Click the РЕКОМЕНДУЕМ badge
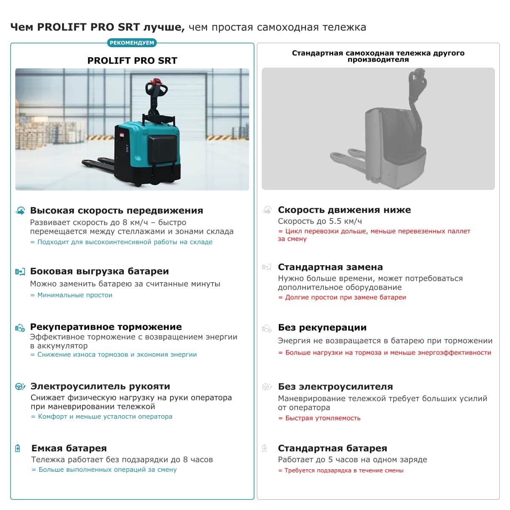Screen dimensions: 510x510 (x=132, y=43)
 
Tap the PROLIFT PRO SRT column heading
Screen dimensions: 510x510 (x=132, y=60)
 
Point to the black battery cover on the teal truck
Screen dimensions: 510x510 (x=161, y=149)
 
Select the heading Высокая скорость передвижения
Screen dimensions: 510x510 (x=116, y=210)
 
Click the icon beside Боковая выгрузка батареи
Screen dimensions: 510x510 (x=20, y=272)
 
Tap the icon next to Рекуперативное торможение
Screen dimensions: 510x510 (x=20, y=327)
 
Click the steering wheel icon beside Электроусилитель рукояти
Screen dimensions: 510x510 (x=20, y=386)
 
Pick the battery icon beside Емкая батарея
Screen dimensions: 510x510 (x=18, y=448)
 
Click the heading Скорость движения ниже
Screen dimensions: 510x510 (x=344, y=210)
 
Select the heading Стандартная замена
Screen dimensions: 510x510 (x=330, y=267)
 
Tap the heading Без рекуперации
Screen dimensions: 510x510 (x=322, y=327)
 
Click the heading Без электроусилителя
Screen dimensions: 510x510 (x=335, y=386)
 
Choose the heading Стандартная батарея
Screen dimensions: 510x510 (x=332, y=448)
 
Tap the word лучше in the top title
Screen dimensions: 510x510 (x=164, y=27)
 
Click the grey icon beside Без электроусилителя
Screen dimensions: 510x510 (x=266, y=387)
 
